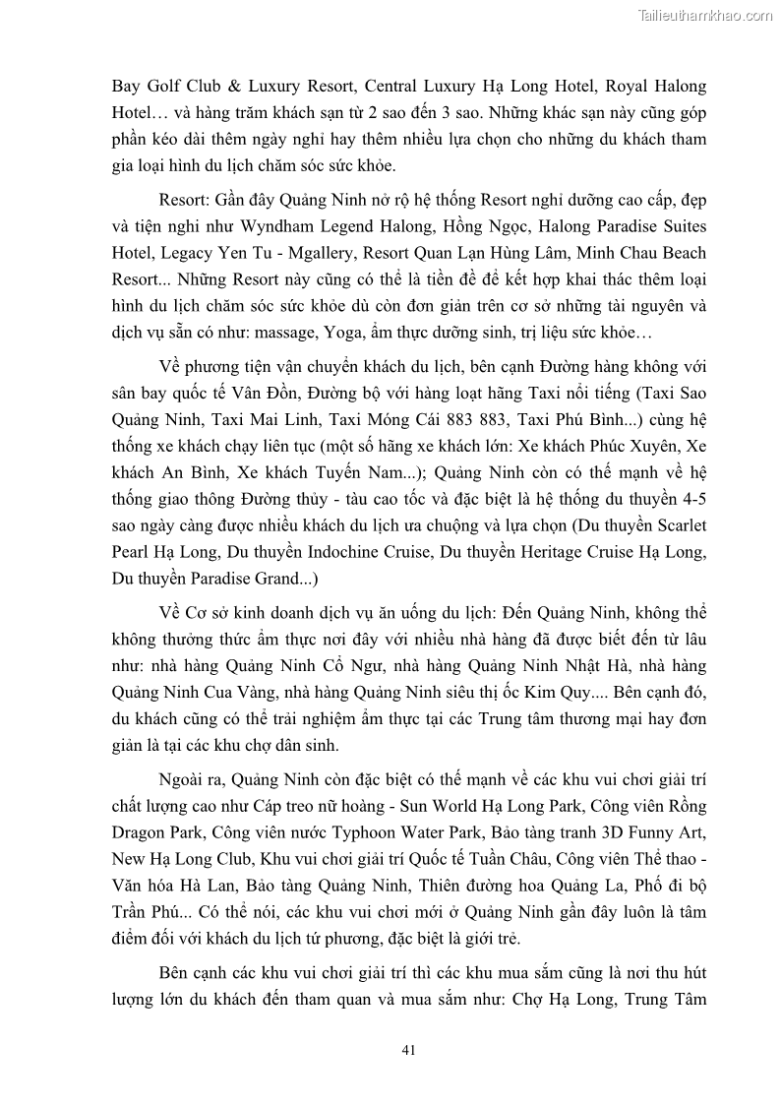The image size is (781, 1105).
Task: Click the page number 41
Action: click(409, 1049)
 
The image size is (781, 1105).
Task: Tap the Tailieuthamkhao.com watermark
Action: click(705, 15)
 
